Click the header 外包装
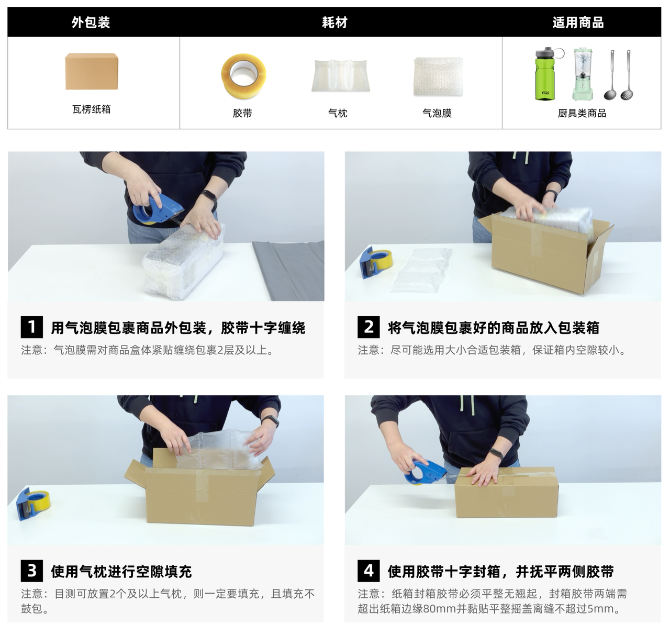point(91,23)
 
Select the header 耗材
point(334,23)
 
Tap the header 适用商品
point(578,23)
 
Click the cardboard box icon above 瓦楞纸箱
point(92,71)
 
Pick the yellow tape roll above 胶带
point(243,76)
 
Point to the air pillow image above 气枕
point(340,75)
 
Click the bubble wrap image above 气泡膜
point(438,76)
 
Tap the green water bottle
point(546,74)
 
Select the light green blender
point(583,74)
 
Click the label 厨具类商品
point(582,113)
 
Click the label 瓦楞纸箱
point(91,109)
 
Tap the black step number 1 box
point(32,327)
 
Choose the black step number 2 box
point(368,327)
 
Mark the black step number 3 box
point(32,571)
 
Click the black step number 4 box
point(368,571)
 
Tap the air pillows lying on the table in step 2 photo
point(421,270)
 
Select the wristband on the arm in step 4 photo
point(496,454)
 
